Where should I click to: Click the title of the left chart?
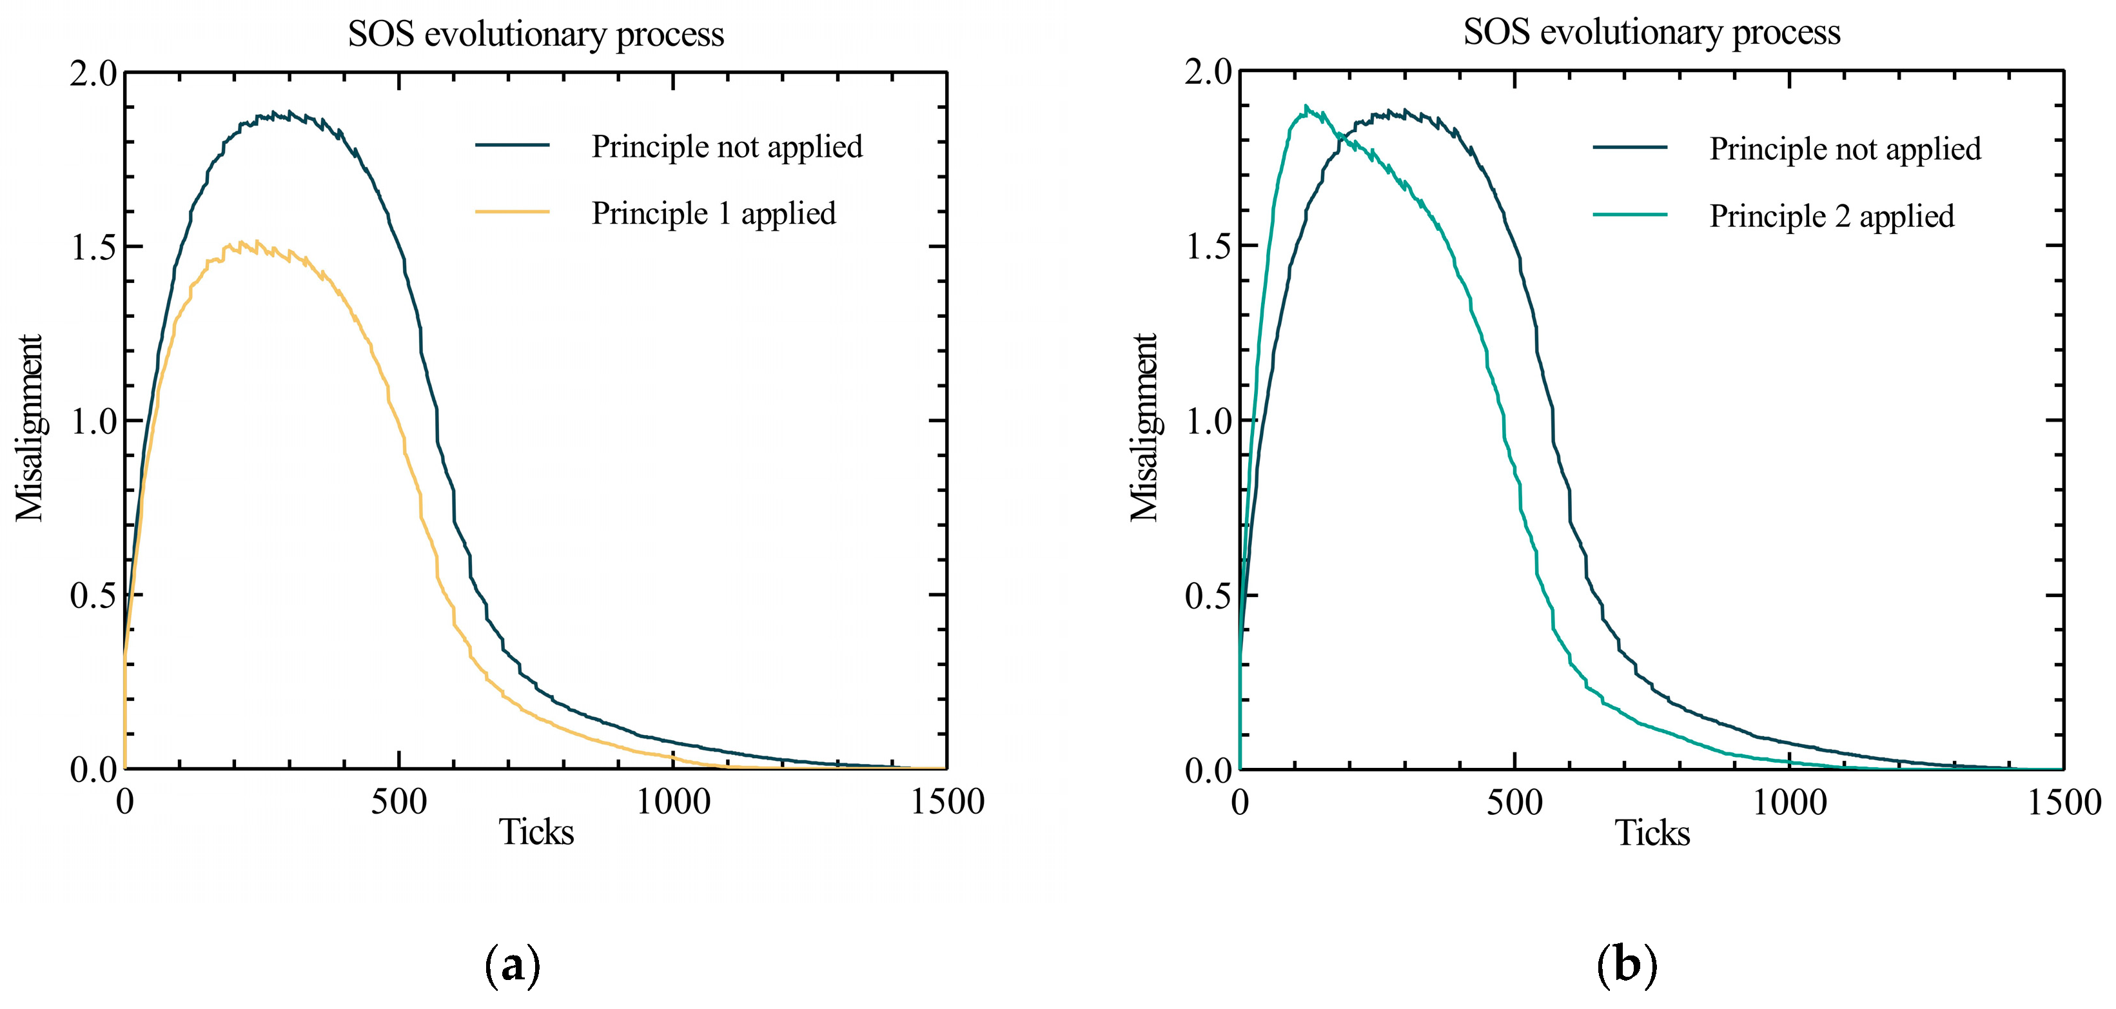(536, 35)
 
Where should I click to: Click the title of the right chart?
(1651, 33)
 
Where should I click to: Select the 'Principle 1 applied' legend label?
(713, 213)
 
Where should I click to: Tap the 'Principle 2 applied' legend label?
(1831, 216)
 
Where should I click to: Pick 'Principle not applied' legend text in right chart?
(1845, 150)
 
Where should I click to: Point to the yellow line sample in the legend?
(512, 212)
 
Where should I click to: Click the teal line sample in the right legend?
(1630, 215)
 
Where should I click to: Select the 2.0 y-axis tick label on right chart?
(1208, 72)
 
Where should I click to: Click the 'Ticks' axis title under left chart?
(536, 832)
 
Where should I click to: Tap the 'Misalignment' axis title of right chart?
(1144, 427)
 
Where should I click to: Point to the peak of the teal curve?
(1305, 107)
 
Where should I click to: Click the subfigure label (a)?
(513, 965)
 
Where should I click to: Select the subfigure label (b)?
(1627, 965)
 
